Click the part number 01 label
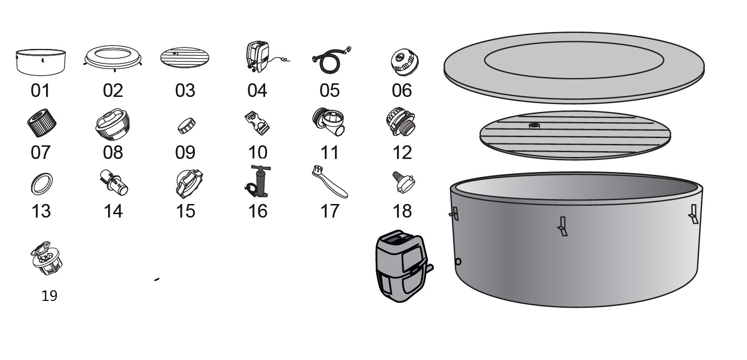40,90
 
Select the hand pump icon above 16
258,182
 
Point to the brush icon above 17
329,182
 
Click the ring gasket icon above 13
41,184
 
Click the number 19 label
49,296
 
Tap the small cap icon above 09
186,125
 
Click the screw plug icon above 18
403,183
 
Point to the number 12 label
402,153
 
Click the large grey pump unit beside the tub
401,266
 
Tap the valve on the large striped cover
534,126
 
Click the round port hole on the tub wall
458,262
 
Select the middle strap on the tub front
562,226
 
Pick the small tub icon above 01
41,62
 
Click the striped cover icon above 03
185,58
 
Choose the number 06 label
402,90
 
